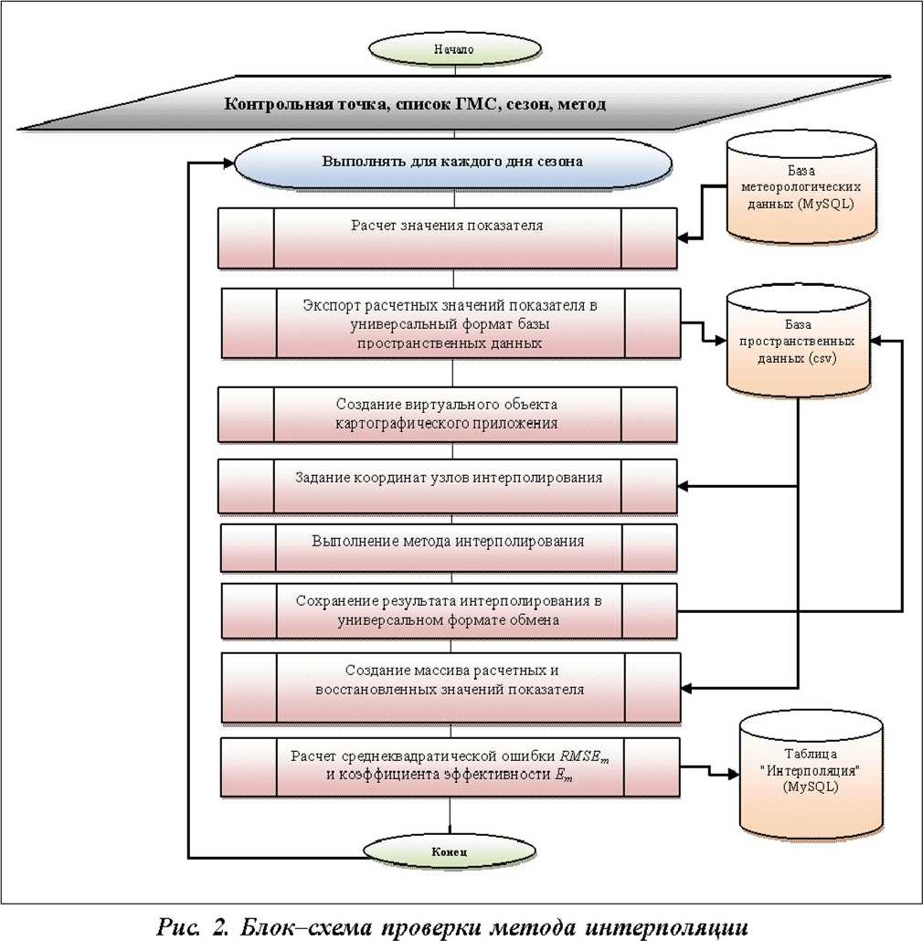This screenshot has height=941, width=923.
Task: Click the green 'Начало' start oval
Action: point(460,49)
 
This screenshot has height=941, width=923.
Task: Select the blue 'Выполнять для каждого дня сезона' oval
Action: point(452,164)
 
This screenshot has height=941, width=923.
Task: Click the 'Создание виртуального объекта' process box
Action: point(448,414)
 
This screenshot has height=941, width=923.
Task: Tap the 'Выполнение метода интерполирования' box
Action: point(448,546)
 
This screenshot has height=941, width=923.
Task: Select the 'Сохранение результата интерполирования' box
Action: point(448,611)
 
